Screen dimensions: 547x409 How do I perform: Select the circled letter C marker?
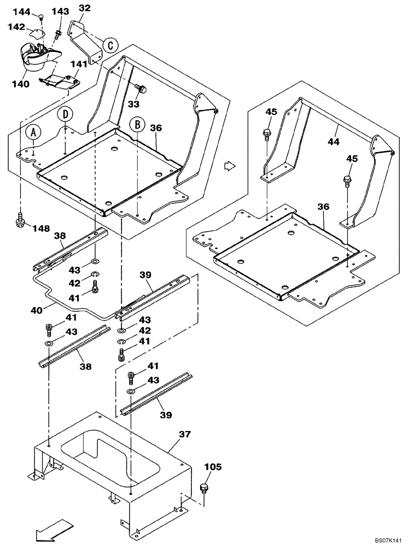(x=110, y=45)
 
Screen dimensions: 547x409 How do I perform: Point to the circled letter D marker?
(x=66, y=114)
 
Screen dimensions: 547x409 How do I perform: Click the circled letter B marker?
(x=137, y=125)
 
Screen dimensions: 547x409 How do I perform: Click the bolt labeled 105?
(x=205, y=488)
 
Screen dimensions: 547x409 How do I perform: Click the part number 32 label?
(x=84, y=8)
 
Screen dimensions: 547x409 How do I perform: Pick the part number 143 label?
(x=60, y=11)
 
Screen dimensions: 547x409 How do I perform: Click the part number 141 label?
(x=79, y=64)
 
